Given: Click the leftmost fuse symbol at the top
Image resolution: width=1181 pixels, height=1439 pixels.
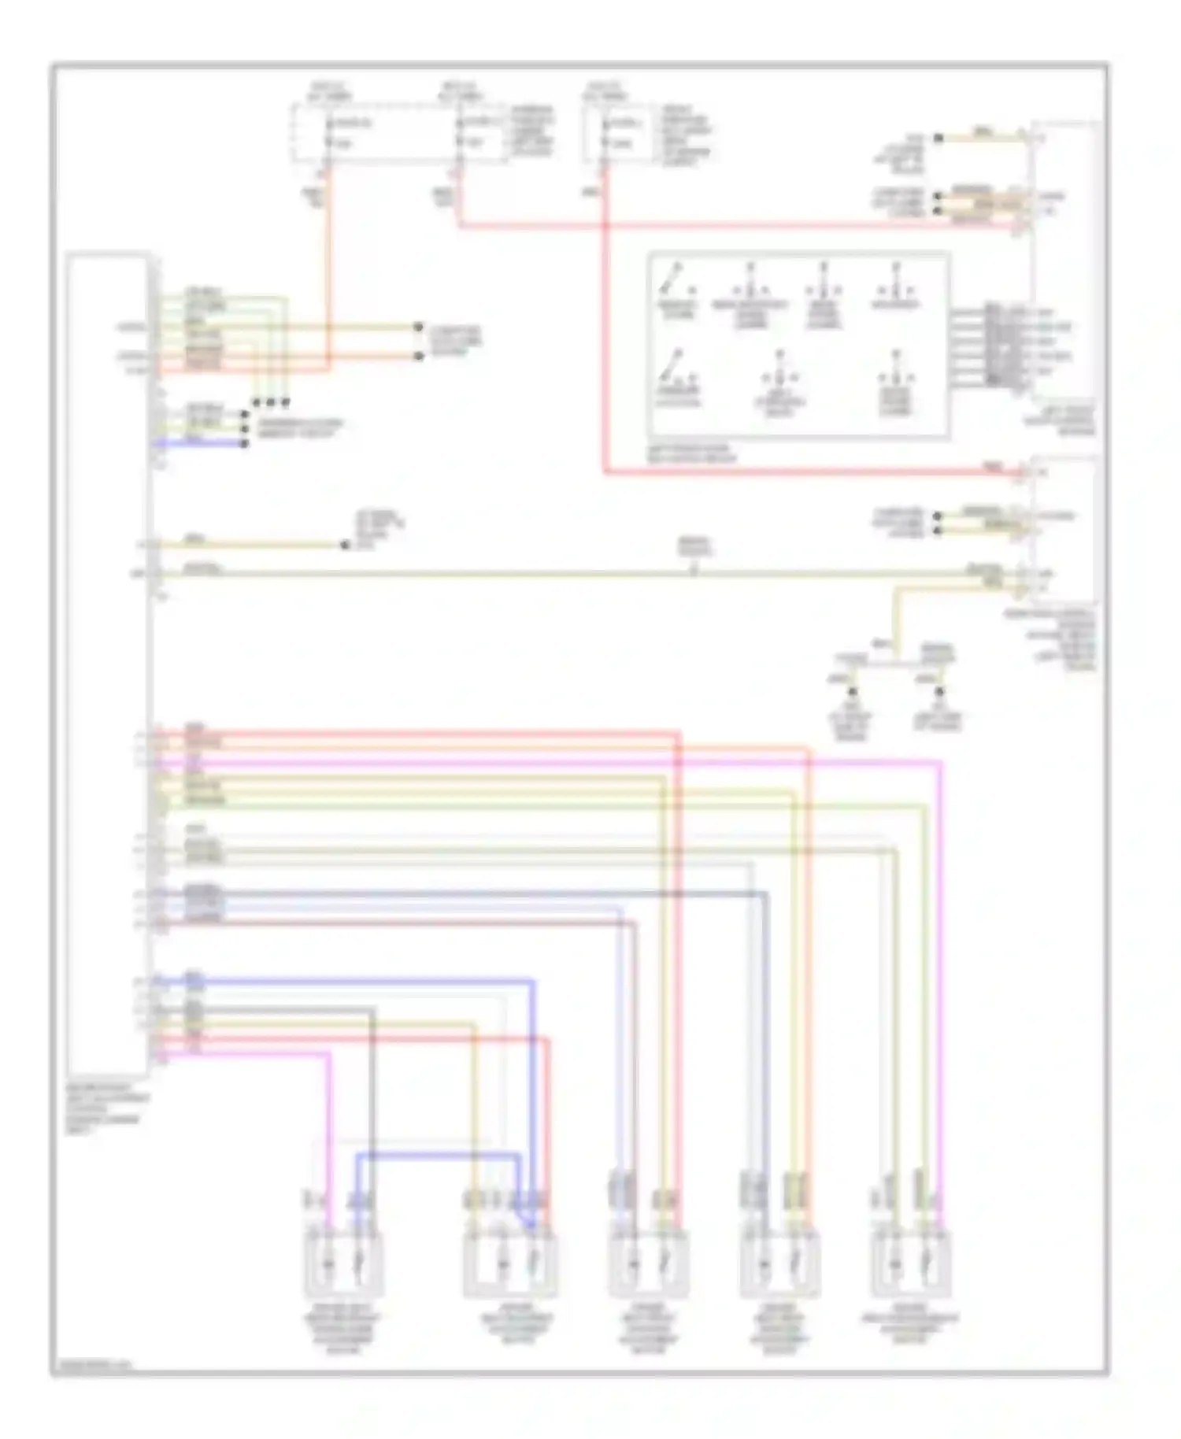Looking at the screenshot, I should [x=328, y=134].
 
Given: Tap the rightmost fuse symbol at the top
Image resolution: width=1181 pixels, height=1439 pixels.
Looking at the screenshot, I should [x=604, y=134].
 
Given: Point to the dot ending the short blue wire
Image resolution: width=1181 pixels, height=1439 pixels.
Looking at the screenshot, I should [x=244, y=444].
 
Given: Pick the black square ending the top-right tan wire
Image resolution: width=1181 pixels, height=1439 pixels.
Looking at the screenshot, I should [x=939, y=139].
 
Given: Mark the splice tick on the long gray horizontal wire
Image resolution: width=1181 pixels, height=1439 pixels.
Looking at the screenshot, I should [x=694, y=572].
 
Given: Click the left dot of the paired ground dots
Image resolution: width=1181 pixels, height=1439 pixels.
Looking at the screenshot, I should [x=851, y=692].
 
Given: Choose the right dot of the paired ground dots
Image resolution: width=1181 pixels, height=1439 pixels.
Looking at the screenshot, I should [x=939, y=692].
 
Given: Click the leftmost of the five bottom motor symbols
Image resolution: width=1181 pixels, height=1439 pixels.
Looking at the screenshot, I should [x=344, y=1266].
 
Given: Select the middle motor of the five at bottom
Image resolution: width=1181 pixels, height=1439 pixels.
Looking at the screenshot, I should [x=648, y=1266].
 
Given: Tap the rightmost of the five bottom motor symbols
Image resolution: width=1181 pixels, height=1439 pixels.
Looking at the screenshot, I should [x=911, y=1266].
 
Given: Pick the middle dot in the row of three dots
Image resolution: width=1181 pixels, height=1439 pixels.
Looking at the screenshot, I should [x=271, y=402].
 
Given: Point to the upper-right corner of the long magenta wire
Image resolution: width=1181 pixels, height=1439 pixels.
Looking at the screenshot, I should [x=940, y=763].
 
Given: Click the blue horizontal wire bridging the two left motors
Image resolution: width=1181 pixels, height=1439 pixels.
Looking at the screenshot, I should [x=438, y=1156].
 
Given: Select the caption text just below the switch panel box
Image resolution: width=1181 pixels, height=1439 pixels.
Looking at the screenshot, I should [x=691, y=453].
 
